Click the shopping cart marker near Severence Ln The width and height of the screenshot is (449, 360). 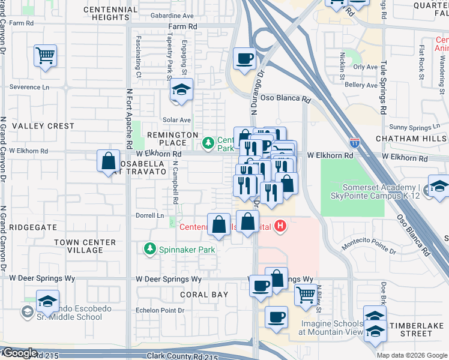click(46, 56)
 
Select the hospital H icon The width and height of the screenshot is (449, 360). click(280, 226)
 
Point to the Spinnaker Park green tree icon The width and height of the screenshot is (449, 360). click(149, 248)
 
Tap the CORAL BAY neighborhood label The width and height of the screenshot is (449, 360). click(205, 295)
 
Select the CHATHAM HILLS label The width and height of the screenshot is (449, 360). click(412, 139)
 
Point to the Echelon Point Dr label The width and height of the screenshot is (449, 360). click(159, 310)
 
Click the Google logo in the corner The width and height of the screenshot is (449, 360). click(20, 353)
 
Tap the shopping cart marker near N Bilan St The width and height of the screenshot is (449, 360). click(306, 294)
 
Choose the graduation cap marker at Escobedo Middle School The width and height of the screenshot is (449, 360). click(47, 301)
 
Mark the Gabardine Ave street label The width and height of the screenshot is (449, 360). click(172, 16)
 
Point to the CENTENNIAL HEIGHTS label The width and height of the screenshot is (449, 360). click(111, 14)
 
